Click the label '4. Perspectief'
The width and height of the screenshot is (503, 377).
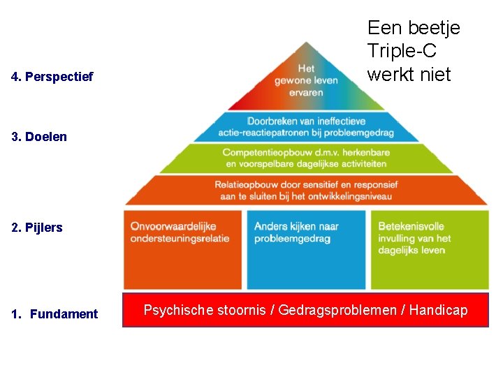pyautogui.click(x=52, y=76)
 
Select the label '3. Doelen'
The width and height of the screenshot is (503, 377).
pyautogui.click(x=39, y=137)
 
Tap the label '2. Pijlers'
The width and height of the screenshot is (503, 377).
pyautogui.click(x=37, y=228)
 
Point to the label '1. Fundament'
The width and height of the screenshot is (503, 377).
pyautogui.click(x=54, y=314)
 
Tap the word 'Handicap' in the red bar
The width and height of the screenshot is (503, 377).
pyautogui.click(x=439, y=310)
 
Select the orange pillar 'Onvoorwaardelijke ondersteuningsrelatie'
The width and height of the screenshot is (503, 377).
pyautogui.click(x=183, y=249)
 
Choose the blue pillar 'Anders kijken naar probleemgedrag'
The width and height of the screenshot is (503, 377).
pyautogui.click(x=306, y=249)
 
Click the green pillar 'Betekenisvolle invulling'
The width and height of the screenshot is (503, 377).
pyautogui.click(x=430, y=249)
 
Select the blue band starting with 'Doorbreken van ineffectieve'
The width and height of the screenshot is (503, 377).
pyautogui.click(x=306, y=127)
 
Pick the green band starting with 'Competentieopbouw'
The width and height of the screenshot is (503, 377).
pyautogui.click(x=306, y=158)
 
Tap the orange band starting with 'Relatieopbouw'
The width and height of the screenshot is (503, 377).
pyautogui.click(x=306, y=190)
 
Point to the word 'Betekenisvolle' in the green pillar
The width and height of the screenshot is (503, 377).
pyautogui.click(x=411, y=226)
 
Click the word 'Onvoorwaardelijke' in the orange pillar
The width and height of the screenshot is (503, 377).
pyautogui.click(x=173, y=226)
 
